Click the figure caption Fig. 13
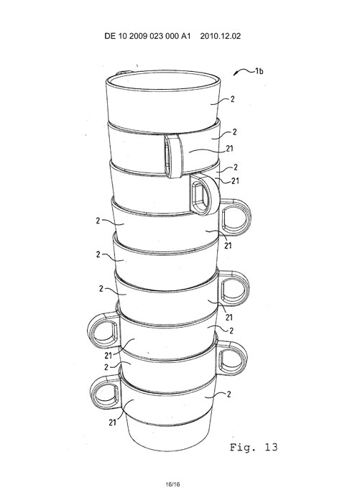click(x=254, y=448)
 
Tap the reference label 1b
click(x=259, y=71)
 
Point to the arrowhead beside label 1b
click(x=235, y=74)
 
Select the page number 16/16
click(x=172, y=484)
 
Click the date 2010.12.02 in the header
click(x=221, y=36)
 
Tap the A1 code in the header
click(x=186, y=36)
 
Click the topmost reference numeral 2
click(x=233, y=99)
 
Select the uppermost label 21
click(x=230, y=149)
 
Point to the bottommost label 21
click(x=112, y=423)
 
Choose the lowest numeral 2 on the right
click(x=229, y=394)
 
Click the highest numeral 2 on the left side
click(x=98, y=221)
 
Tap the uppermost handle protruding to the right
click(x=235, y=217)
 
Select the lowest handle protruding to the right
click(x=233, y=358)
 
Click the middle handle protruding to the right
click(x=234, y=287)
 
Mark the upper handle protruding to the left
click(x=103, y=331)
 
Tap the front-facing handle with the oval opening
click(x=205, y=195)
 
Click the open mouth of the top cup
click(x=163, y=80)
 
